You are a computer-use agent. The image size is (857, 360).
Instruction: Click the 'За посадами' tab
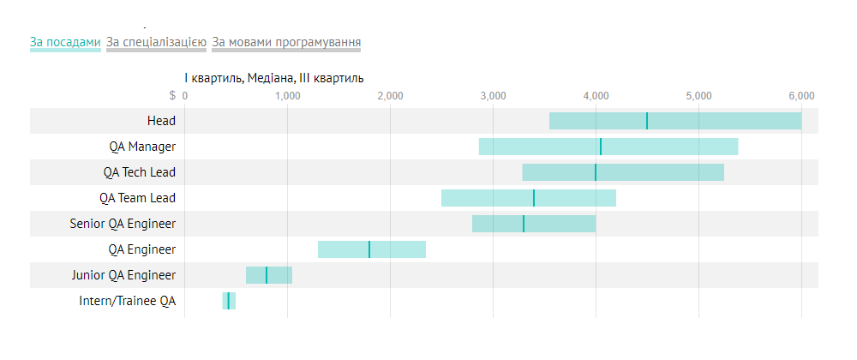point(65,42)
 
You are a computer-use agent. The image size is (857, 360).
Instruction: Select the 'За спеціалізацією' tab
point(156,42)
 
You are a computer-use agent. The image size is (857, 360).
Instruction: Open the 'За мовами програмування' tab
point(286,42)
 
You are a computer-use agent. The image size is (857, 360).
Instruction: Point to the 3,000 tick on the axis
point(493,95)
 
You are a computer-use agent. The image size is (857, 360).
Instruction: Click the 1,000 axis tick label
point(287,95)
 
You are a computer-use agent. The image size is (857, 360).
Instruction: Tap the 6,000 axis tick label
point(801,95)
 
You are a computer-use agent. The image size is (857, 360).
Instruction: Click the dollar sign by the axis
point(173,95)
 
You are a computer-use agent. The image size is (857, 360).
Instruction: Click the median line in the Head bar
point(647,121)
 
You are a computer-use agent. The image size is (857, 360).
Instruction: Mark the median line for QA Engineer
point(369,249)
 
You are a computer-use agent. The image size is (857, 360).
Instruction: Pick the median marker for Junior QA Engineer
point(267,275)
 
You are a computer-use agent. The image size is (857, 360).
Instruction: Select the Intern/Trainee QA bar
point(229,301)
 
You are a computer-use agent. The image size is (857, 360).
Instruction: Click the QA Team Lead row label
point(137,198)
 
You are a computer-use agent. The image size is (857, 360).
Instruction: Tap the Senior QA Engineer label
point(123,224)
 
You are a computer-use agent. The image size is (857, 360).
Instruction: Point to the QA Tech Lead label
point(139,172)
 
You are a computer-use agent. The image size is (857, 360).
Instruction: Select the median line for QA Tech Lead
point(596,172)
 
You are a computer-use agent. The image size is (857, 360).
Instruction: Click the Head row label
point(161,121)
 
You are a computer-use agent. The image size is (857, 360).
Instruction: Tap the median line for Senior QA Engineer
point(524,224)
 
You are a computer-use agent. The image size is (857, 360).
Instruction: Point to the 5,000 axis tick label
point(698,95)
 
